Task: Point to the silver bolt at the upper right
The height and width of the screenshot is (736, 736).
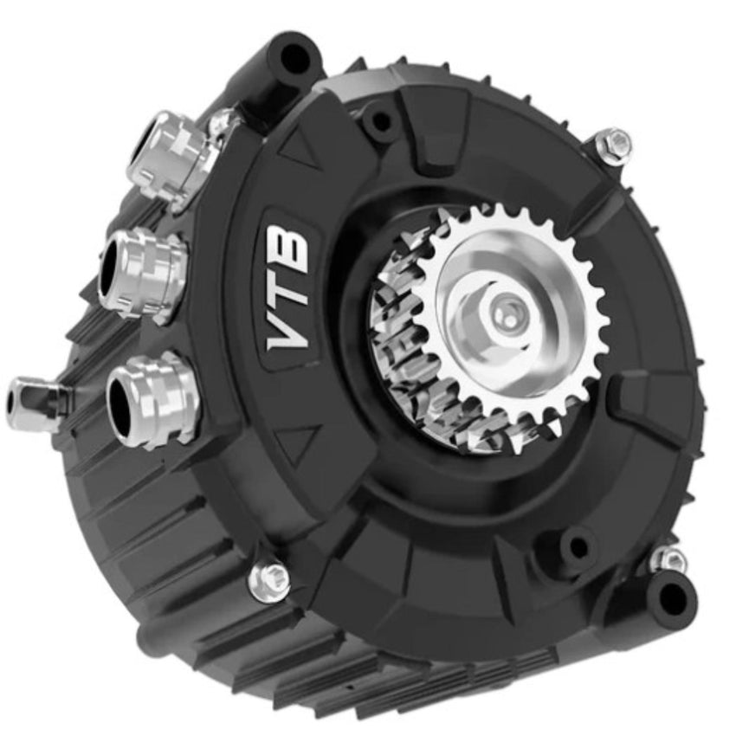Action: pos(614,143)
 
